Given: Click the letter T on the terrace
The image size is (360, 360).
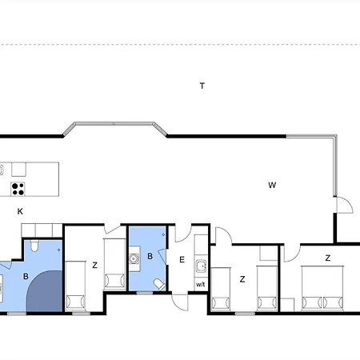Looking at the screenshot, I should pyautogui.click(x=202, y=85).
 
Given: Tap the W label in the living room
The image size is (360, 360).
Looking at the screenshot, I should pyautogui.click(x=272, y=185).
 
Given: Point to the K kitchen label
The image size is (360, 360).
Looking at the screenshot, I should pyautogui.click(x=20, y=210).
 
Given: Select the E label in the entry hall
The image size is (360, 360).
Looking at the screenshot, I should pyautogui.click(x=182, y=260).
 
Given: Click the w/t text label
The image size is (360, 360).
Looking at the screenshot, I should pyautogui.click(x=201, y=285).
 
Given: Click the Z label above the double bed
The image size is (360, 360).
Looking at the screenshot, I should pyautogui.click(x=328, y=258).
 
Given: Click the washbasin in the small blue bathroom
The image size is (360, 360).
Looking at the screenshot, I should pyautogui.click(x=135, y=258).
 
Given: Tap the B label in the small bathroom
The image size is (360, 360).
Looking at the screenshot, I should pyautogui.click(x=150, y=257).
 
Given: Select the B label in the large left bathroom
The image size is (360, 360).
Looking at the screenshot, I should pyautogui.click(x=26, y=277).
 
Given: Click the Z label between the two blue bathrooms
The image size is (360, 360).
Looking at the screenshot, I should pyautogui.click(x=94, y=265).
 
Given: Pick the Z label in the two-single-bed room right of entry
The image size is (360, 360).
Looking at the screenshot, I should pyautogui.click(x=241, y=279).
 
